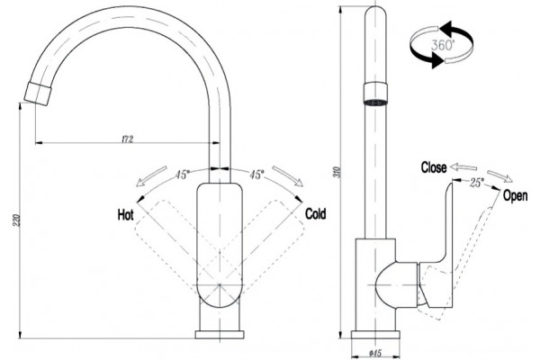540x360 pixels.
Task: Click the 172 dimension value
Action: [x=128, y=139]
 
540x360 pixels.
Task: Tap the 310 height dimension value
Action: [x=337, y=172]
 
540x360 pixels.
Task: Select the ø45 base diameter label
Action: [x=375, y=353]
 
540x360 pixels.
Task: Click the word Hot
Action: [x=125, y=214]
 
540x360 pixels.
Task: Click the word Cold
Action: [x=316, y=213]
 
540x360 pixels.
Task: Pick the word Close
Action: [x=434, y=167]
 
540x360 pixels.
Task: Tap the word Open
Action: [x=515, y=195]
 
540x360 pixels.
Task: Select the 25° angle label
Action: [x=476, y=182]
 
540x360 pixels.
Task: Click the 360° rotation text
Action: [x=443, y=45]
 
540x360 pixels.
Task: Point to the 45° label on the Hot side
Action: [x=182, y=175]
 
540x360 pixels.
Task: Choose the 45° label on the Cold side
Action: [x=256, y=175]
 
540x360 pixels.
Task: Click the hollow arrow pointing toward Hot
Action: [x=151, y=176]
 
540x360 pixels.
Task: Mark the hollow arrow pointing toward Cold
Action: [x=288, y=176]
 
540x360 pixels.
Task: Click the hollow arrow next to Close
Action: [x=463, y=167]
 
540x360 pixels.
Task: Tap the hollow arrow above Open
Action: [x=499, y=175]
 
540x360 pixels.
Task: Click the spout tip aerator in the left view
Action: [x=38, y=93]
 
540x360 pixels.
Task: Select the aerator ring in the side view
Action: [x=375, y=94]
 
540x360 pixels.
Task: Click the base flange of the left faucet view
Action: [x=220, y=335]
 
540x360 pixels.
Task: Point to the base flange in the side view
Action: [x=375, y=335]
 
